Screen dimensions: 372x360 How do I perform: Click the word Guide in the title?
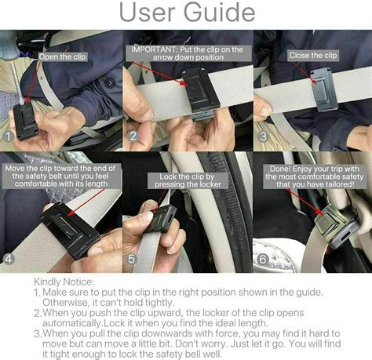click(219, 12)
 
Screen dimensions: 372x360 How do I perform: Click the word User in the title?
click(147, 12)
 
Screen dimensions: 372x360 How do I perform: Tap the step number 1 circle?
click(9, 136)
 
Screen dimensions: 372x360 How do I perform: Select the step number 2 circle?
click(133, 136)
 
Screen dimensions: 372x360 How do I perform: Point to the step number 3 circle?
click(263, 136)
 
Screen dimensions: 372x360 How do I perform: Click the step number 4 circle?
click(9, 259)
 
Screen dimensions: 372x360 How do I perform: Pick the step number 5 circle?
click(131, 259)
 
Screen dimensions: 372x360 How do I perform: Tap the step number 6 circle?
click(263, 259)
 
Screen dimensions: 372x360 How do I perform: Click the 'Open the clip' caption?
click(63, 56)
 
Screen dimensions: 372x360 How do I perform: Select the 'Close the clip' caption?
click(313, 56)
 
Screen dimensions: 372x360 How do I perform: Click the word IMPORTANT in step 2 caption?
click(154, 49)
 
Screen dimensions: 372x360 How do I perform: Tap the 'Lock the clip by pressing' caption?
click(188, 180)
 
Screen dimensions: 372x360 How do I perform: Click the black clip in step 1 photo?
click(24, 121)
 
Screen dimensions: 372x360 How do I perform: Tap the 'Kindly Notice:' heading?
click(64, 282)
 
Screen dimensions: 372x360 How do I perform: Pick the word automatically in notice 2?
click(72, 323)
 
